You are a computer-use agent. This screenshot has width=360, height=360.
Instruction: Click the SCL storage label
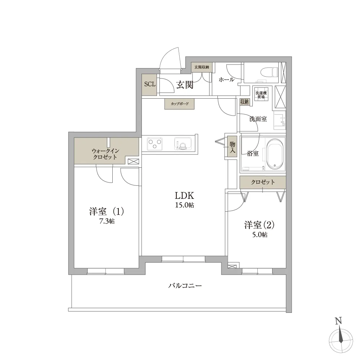pyautogui.click(x=150, y=84)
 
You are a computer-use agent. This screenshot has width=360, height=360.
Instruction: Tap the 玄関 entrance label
pyautogui.click(x=185, y=85)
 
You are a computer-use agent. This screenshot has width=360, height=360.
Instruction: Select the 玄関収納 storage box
pyautogui.click(x=202, y=67)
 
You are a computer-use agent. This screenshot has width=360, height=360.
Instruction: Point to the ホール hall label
pyautogui.click(x=226, y=80)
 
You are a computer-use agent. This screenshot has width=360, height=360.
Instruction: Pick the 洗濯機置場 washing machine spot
pyautogui.click(x=261, y=95)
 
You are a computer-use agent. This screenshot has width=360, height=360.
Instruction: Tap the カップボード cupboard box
pyautogui.click(x=180, y=104)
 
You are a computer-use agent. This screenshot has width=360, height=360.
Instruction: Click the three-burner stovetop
pyautogui.click(x=155, y=144)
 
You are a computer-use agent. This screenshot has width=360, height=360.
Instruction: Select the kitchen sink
pyautogui.click(x=183, y=144)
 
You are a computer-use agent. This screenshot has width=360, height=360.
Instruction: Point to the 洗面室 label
pyautogui.click(x=258, y=119)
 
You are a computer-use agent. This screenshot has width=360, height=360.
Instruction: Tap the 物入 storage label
pyautogui.click(x=232, y=147)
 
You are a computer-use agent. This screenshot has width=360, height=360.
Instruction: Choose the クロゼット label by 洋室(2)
pyautogui.click(x=263, y=182)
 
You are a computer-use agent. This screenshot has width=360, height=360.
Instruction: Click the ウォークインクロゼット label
pyautogui.click(x=105, y=154)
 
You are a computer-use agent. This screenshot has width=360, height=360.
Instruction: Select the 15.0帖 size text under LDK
pyautogui.click(x=185, y=205)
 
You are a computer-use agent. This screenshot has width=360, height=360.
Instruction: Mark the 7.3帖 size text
pyautogui.click(x=107, y=221)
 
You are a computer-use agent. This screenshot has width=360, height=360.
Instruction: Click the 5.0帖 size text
pyautogui.click(x=260, y=235)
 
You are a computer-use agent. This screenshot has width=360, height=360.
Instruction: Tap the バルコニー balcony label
pyautogui.click(x=185, y=286)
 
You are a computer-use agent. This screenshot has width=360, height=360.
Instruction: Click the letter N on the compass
pyautogui.click(x=338, y=321)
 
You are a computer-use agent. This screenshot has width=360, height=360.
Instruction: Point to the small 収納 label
pyautogui.click(x=244, y=102)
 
